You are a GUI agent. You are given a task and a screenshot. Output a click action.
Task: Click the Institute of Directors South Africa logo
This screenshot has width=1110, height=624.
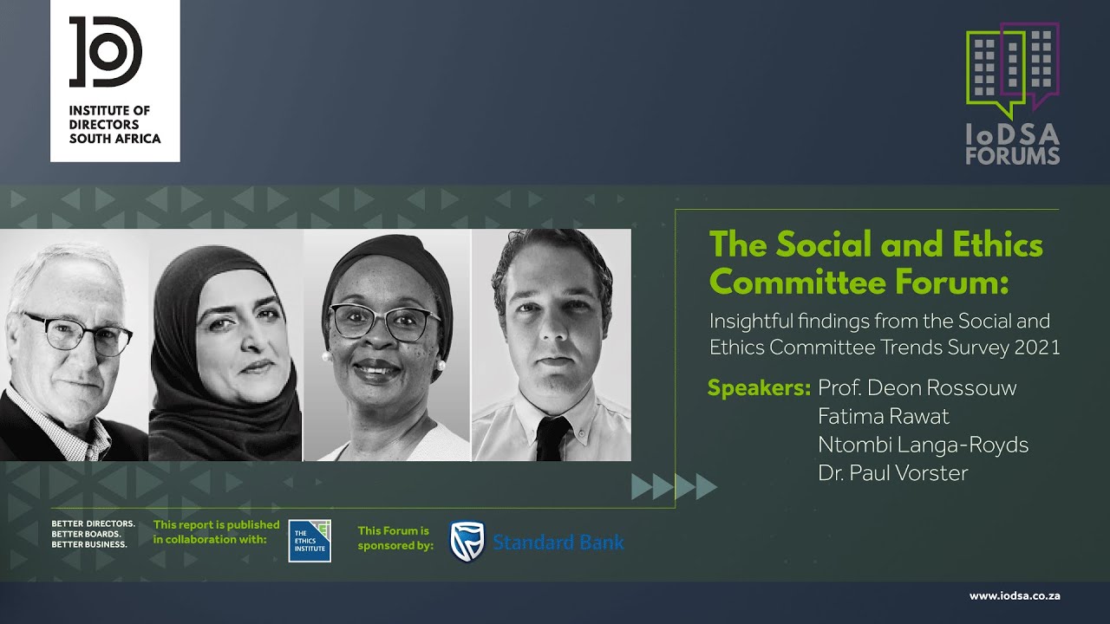tap(114, 80)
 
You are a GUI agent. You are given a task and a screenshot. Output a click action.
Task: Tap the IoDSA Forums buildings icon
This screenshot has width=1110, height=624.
tap(1012, 68)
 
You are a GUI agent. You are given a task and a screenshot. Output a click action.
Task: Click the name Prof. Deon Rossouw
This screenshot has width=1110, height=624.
tap(917, 387)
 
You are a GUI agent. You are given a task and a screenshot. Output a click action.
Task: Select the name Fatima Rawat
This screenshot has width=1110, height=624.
tap(883, 416)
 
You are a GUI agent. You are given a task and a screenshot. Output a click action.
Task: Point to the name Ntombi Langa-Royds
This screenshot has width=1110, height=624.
tap(923, 445)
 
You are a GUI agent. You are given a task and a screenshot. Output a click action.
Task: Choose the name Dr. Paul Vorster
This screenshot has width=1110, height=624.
tap(892, 473)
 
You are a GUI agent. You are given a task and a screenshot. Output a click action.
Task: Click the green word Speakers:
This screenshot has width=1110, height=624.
tap(759, 387)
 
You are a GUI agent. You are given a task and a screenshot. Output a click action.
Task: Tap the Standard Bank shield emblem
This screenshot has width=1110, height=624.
tap(467, 542)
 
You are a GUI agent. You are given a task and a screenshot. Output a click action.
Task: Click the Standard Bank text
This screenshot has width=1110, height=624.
tap(558, 543)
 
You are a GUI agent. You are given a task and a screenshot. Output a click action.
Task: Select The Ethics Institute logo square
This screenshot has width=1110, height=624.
tap(310, 541)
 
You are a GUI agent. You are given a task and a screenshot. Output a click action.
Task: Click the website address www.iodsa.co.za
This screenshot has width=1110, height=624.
tap(1015, 596)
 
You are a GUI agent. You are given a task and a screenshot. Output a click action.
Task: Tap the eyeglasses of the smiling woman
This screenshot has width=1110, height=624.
tap(384, 322)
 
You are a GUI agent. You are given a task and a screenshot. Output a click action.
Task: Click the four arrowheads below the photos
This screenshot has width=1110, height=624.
tap(674, 487)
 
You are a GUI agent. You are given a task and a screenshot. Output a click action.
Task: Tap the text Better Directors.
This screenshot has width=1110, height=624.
tap(93, 524)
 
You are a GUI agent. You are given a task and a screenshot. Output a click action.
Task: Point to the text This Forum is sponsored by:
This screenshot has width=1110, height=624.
tap(395, 538)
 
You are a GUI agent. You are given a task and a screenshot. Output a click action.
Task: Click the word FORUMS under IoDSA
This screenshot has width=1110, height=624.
tap(1012, 157)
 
